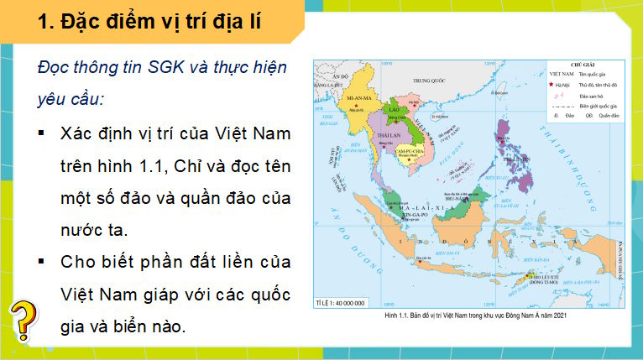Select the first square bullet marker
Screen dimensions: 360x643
pos(42,134)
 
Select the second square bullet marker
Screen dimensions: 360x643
pos(42,262)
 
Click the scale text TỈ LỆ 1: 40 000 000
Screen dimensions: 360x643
pos(337,300)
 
